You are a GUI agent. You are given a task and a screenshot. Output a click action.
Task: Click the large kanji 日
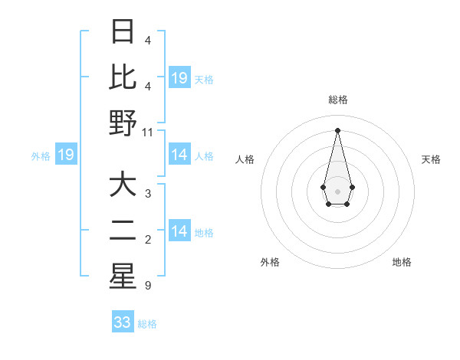point(123,31)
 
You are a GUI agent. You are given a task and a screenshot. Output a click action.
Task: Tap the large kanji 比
point(123,77)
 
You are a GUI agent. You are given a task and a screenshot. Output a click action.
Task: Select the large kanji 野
point(123,123)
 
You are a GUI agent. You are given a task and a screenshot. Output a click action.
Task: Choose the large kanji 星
point(123,277)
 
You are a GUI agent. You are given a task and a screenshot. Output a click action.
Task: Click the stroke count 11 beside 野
point(148,132)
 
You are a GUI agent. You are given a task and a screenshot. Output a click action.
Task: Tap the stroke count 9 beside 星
point(147,286)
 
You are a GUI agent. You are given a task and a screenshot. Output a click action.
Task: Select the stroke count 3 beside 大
point(147,194)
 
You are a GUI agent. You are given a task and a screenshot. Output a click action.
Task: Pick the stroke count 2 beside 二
point(147,240)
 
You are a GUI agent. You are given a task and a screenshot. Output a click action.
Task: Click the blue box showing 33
point(123,322)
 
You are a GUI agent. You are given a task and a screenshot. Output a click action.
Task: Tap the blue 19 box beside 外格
point(66,155)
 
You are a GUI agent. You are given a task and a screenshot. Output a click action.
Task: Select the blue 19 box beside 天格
point(179,78)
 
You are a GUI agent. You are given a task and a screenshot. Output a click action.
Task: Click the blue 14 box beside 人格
point(179,155)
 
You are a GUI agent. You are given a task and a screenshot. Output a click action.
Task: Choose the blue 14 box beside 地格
point(179,231)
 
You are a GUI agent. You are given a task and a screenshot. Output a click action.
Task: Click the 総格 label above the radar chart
point(337,100)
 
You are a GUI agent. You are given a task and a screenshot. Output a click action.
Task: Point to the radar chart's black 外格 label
point(270,262)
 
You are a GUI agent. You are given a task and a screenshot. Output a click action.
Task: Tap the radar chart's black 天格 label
point(431,159)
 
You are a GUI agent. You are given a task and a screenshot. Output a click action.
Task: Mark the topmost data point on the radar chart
point(337,129)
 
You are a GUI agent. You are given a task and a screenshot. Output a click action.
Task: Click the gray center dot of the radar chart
point(337,190)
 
